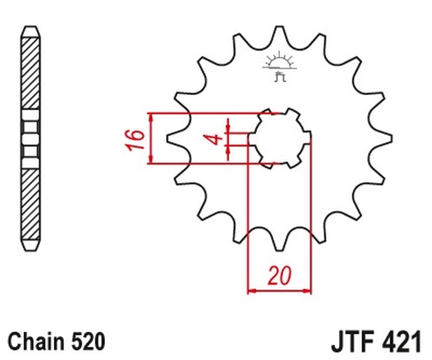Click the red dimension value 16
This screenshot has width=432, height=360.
click(x=136, y=139)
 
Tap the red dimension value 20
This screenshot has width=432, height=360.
click(x=279, y=275)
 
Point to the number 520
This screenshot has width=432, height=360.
click(x=88, y=341)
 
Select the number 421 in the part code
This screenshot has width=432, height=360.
click(x=401, y=342)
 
